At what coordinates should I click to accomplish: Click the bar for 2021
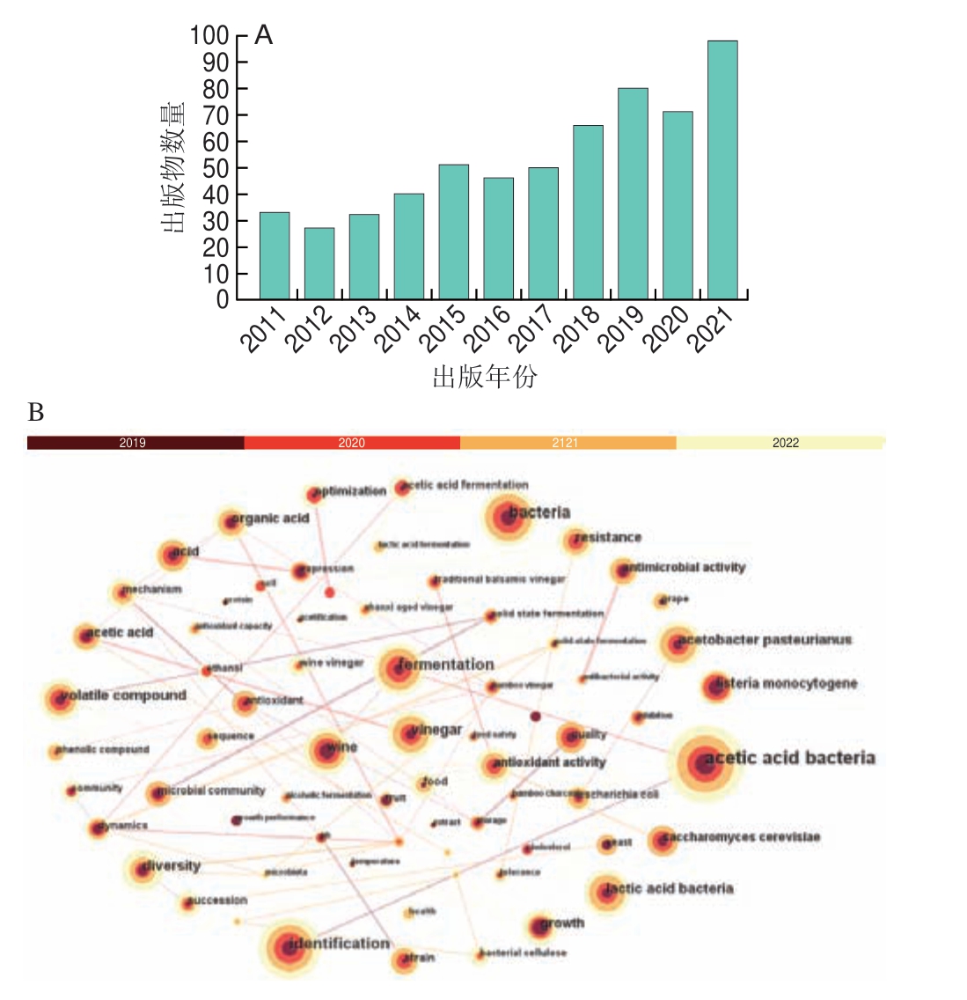(x=722, y=170)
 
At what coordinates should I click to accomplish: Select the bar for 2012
(x=319, y=263)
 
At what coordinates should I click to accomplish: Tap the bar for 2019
(x=633, y=194)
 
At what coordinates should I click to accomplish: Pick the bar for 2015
(x=454, y=232)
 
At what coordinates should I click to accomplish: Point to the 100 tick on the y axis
(x=209, y=36)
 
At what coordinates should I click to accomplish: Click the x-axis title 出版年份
(x=485, y=377)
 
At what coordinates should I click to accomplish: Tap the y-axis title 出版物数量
(x=172, y=168)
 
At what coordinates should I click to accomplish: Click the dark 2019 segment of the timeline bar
(x=135, y=443)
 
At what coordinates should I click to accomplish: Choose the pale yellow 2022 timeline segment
(x=780, y=443)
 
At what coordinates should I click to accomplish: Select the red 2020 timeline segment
(x=352, y=443)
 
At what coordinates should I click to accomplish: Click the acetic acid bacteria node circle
(x=703, y=762)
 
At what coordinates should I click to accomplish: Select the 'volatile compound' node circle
(x=60, y=699)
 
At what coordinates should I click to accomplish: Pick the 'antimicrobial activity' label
(x=685, y=568)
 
